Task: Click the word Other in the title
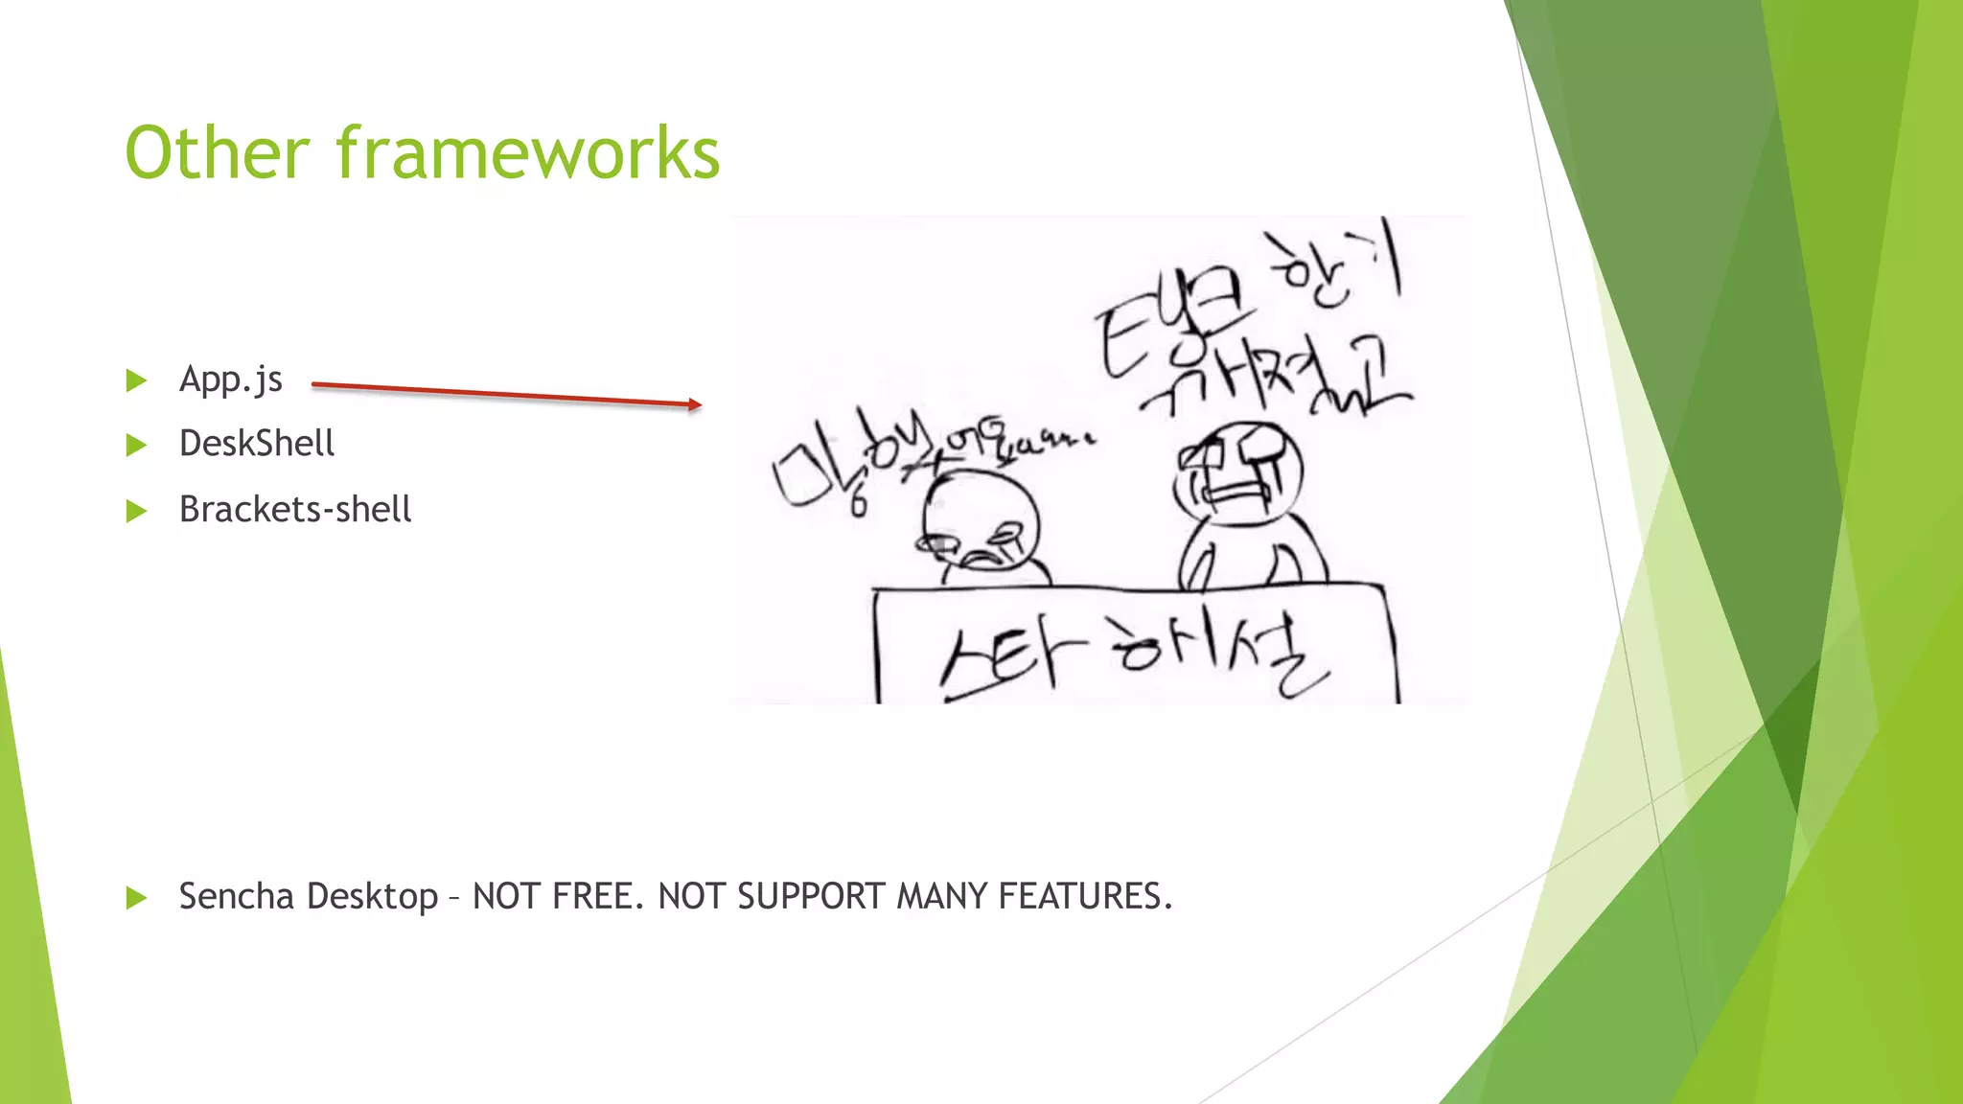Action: coord(218,153)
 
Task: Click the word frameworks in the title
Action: coord(527,153)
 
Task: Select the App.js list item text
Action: coord(230,379)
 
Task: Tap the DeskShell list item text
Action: coord(257,444)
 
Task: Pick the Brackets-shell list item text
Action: coord(295,509)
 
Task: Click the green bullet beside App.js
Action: coord(136,380)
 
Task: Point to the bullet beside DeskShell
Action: coord(136,445)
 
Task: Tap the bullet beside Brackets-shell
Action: coord(136,511)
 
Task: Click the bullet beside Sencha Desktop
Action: coord(136,898)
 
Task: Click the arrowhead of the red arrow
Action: coord(695,404)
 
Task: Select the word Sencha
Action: coord(236,896)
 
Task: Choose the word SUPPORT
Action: coord(811,896)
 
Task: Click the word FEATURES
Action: coord(1084,896)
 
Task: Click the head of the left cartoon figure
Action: coord(980,522)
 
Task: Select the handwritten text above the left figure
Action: coord(920,455)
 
